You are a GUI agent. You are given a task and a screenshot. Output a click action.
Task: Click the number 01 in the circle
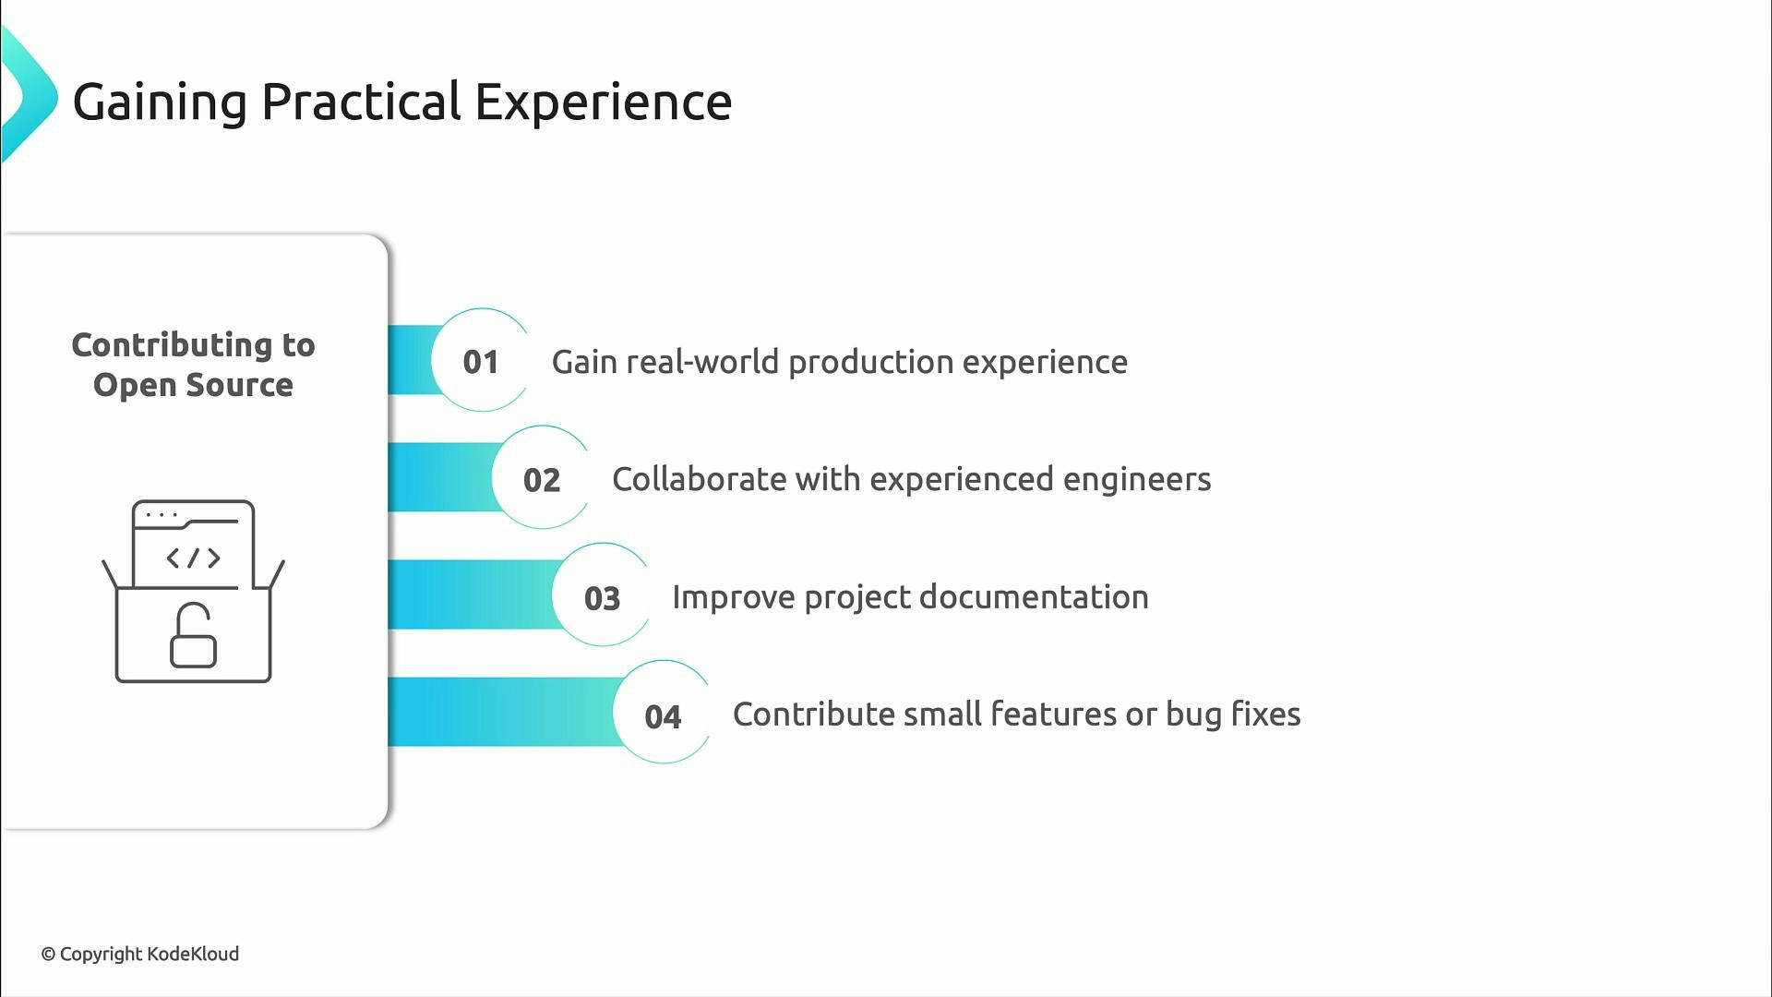[x=481, y=362]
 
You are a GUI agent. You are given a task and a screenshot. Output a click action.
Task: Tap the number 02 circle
[x=542, y=480]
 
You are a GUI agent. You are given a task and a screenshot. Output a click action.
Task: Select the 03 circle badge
[x=602, y=598]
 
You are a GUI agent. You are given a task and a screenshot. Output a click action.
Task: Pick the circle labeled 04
[x=663, y=716]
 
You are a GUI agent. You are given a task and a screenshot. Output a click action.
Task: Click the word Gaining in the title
[x=160, y=102]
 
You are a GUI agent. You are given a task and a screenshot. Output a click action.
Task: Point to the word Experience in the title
[x=603, y=102]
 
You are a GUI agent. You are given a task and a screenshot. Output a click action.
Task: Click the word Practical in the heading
[x=361, y=102]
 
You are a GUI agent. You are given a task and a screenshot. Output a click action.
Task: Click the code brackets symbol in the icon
[x=193, y=558]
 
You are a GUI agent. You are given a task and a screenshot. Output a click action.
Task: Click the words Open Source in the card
[x=193, y=385]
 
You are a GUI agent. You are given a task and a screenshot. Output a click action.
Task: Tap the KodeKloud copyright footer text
[x=140, y=954]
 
